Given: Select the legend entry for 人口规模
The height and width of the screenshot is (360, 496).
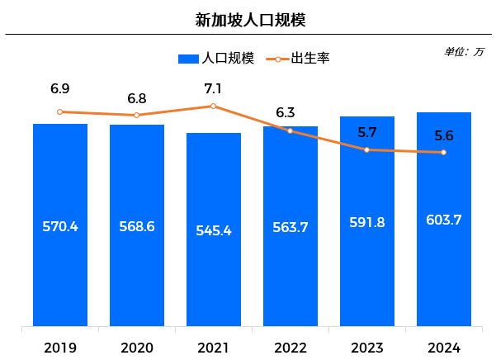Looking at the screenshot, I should pos(216,58).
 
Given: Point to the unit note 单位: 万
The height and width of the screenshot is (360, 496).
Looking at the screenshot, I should pos(464,51).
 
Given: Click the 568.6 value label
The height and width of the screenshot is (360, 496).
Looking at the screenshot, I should pos(137,226).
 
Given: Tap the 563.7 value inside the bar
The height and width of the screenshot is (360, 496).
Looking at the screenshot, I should pos(291,228).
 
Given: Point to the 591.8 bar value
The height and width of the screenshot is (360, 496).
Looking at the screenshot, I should pos(367,222).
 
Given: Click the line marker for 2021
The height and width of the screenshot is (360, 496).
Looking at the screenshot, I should pos(214,106).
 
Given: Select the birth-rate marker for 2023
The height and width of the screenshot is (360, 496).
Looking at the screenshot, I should pos(367,149).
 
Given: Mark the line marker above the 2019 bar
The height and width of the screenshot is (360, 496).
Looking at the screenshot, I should pos(60,111).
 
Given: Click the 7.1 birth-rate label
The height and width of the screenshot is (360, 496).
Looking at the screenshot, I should pos(214,88).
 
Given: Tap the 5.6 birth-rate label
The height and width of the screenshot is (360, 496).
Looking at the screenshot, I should pos(444,136).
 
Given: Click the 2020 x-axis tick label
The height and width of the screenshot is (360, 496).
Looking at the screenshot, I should pos(137,348).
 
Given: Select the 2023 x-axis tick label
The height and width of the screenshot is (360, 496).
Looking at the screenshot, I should pos(367,348).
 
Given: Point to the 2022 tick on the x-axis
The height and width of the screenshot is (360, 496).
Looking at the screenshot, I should pos(291,348).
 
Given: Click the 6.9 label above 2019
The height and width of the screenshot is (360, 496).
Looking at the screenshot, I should pos(60,88).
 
